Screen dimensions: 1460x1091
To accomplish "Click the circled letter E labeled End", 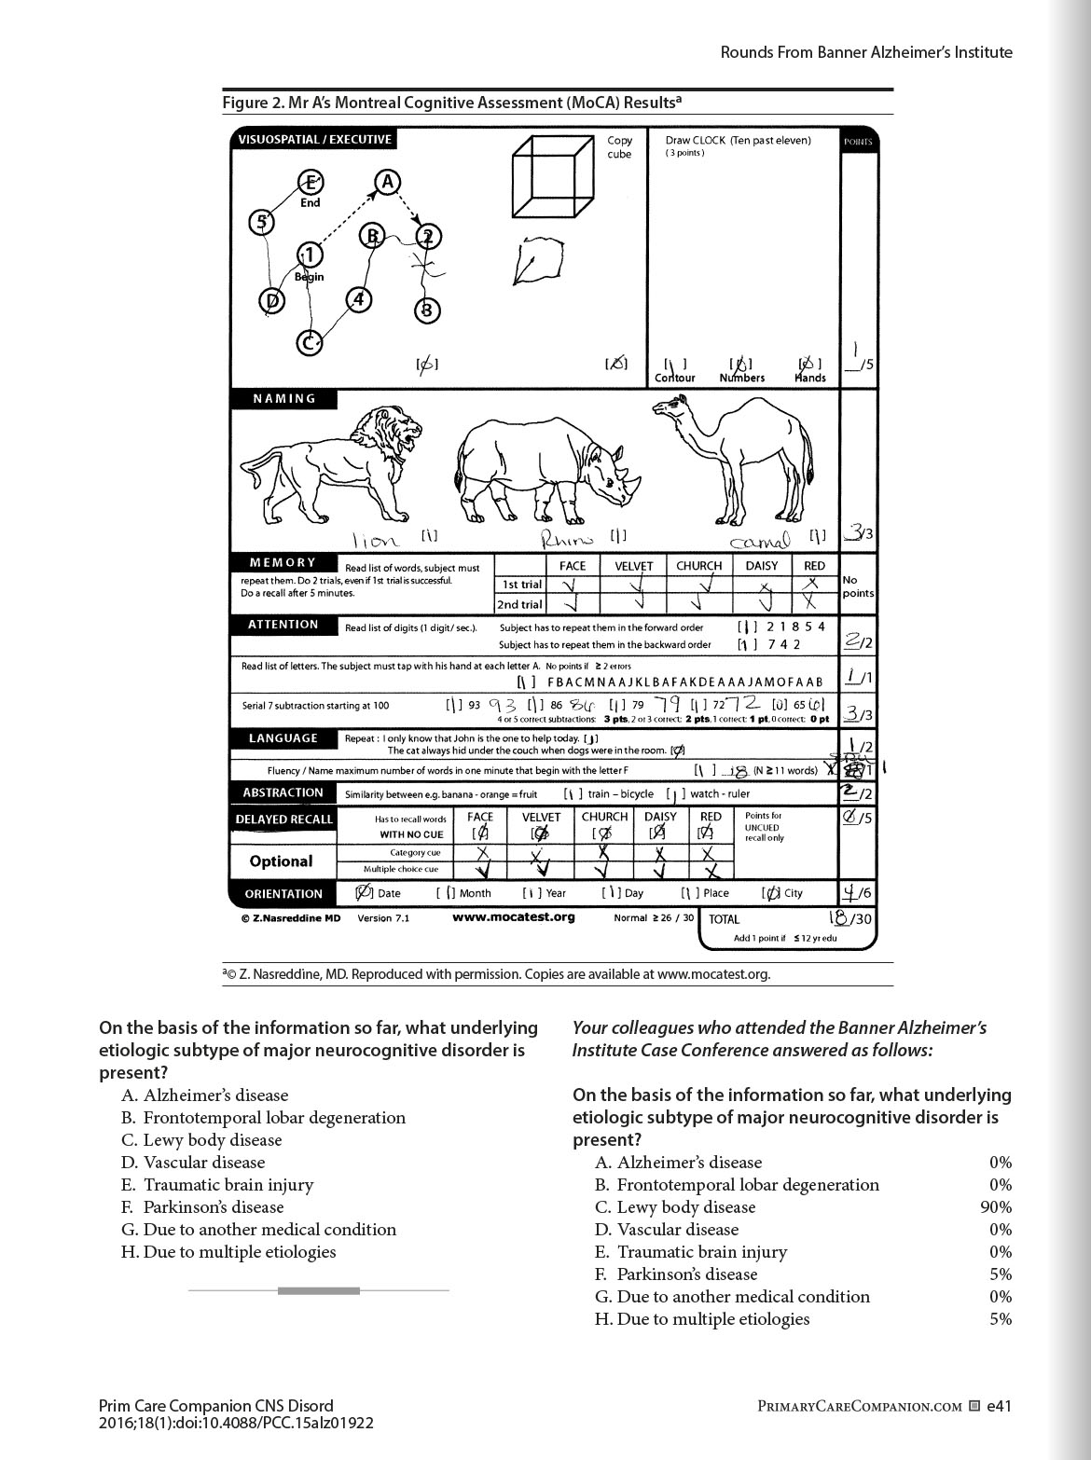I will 310,183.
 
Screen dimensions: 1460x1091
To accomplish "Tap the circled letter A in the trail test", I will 386,182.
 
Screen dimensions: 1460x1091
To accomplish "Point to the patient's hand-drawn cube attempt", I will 538,261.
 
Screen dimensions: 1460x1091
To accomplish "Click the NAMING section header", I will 284,399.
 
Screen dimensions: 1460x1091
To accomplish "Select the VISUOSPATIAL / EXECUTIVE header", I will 314,140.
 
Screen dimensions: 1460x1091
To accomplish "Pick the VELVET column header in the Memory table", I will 633,566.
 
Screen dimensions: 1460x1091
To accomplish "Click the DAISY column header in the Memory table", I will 761,566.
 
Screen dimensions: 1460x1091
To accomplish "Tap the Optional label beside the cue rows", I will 281,861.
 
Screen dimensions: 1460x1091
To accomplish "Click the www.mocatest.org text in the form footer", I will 513,917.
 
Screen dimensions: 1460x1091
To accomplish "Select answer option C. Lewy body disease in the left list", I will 201,1140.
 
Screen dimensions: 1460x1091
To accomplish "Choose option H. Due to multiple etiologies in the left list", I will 228,1252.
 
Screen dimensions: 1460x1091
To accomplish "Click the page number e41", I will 999,1406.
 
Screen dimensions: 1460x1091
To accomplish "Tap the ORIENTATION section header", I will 283,894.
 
